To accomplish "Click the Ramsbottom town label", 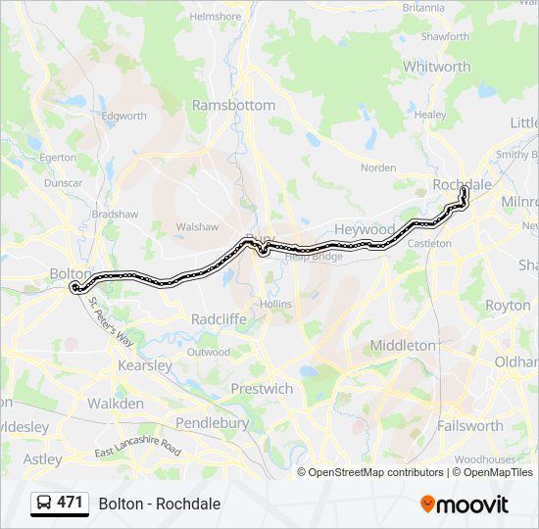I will coord(233,105).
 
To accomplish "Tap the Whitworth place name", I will coord(436,67).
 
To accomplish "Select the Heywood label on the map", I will coord(365,228).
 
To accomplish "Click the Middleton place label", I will coord(403,345).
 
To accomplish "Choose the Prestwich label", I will coord(262,389).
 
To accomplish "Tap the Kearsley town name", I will coord(145,365).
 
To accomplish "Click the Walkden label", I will coord(115,403).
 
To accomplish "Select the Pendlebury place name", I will coord(212,423).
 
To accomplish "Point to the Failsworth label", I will coord(470,425).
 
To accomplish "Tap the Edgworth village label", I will coord(123,116).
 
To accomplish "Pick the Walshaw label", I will coord(197,226).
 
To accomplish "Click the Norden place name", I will coord(378,168).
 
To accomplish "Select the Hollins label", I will coord(276,305).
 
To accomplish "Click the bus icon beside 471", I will coord(44,504).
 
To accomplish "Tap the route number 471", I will coord(70,503).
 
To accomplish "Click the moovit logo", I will coord(465,505).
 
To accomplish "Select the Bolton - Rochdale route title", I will coord(159,505).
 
